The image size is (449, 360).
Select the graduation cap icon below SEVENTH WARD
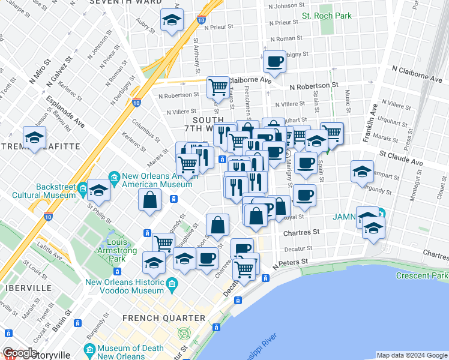point(172,21)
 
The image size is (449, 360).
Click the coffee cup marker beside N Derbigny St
point(274,62)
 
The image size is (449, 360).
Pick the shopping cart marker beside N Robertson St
point(218,87)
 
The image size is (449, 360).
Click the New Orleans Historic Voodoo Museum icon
point(172,283)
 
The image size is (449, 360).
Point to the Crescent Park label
point(422,275)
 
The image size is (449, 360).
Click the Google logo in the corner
point(19,353)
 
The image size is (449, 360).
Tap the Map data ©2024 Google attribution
point(411,355)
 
